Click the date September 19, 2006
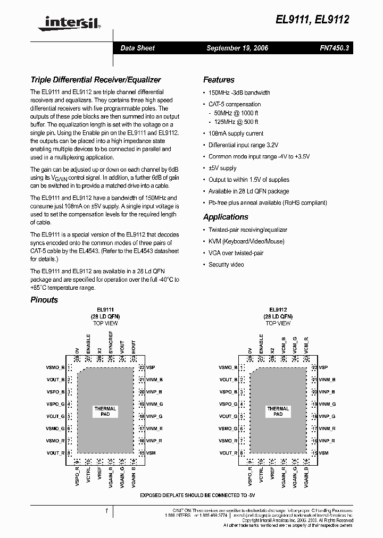237,48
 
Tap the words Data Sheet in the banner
137,48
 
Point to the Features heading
219,80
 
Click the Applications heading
226,217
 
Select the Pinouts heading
44,300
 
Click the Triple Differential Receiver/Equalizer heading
96,80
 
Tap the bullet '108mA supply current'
236,133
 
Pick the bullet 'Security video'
226,265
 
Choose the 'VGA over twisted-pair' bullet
236,253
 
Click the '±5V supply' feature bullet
222,168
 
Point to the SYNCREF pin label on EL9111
111,343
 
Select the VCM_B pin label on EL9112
284,346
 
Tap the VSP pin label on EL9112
323,367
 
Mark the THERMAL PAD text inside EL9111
105,411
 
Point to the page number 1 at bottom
107,511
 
